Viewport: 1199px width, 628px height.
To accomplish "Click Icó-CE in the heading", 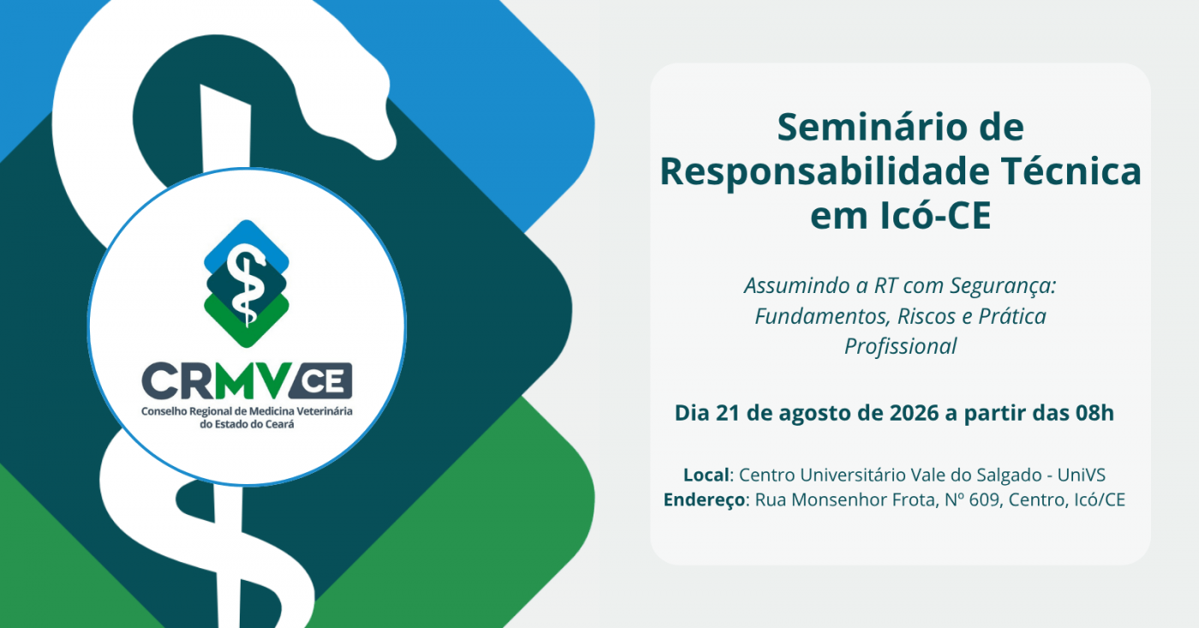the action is pos(936,215).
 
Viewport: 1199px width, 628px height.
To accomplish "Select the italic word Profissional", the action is pos(900,347).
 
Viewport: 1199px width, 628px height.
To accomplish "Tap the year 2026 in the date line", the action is pos(915,413).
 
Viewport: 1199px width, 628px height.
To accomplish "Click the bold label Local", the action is pos(706,475).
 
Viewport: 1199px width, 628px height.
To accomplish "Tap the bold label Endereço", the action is pos(704,500).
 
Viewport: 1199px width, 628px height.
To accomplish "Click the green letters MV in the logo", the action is pos(254,380).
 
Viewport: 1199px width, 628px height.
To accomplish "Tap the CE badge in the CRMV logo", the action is pos(321,380).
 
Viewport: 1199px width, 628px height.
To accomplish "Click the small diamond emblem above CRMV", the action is pos(247,284).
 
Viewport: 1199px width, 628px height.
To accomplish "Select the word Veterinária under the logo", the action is pos(325,411).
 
